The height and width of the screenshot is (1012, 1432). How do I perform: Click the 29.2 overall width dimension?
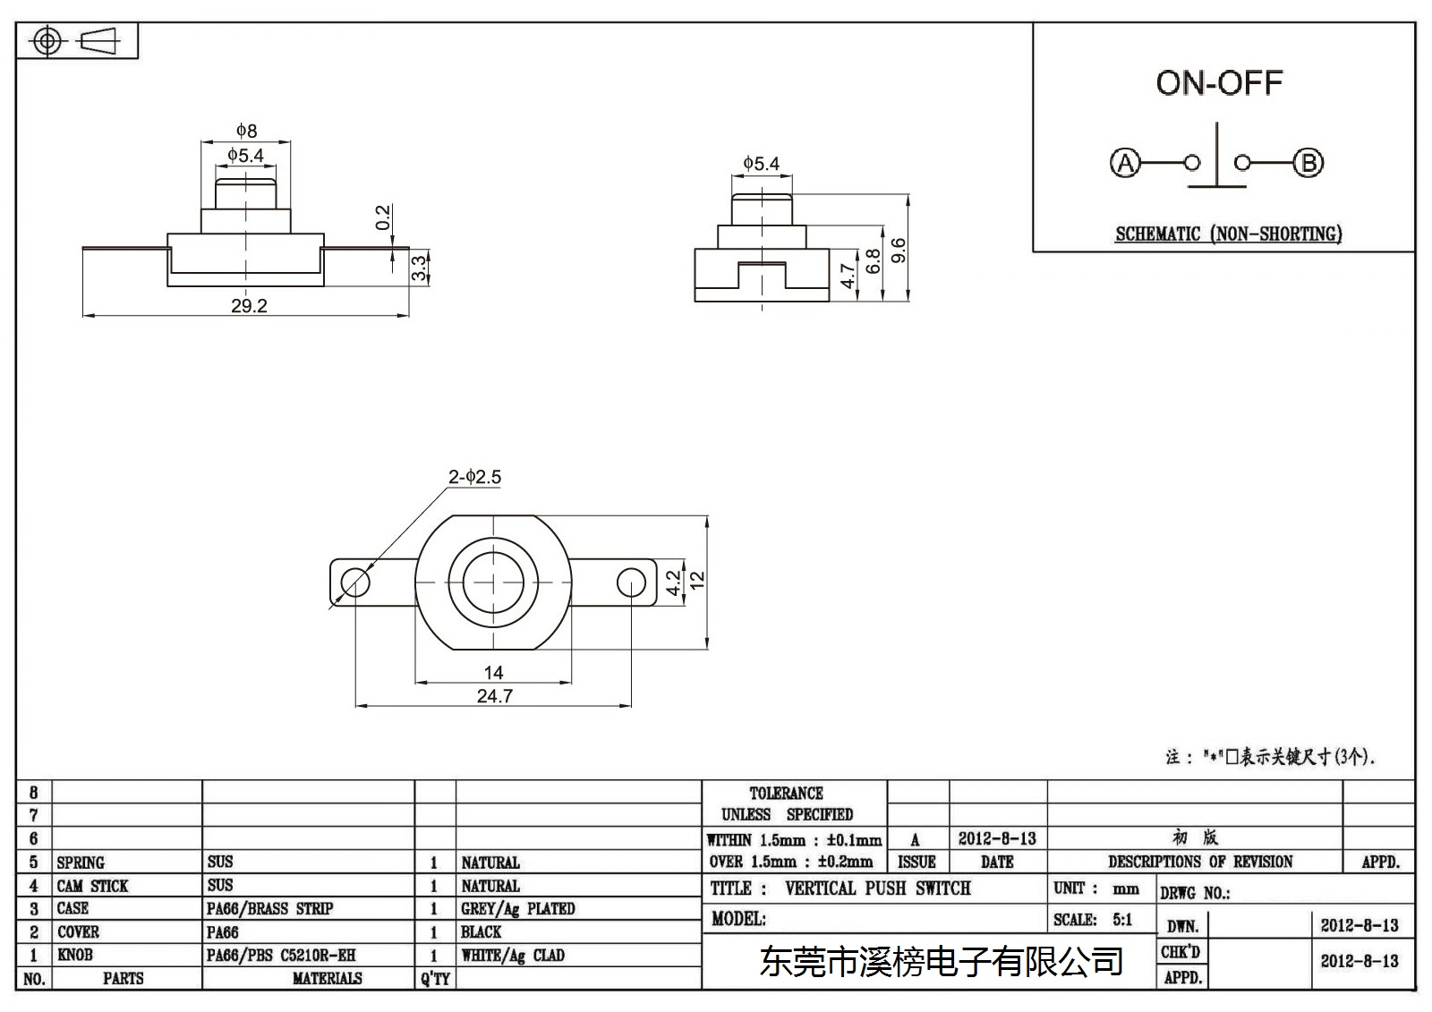click(x=249, y=306)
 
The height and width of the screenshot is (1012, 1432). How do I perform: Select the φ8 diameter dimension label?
click(x=246, y=131)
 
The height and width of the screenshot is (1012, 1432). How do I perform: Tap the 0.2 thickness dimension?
click(x=382, y=217)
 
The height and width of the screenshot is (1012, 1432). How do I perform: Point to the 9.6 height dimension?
click(x=899, y=250)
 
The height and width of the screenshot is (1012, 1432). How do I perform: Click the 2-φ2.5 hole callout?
click(x=474, y=477)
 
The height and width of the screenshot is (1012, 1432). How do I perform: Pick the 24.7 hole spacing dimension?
click(x=494, y=695)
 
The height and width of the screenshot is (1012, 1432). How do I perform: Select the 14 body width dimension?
click(x=493, y=673)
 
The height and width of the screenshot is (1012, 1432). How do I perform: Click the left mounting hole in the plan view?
click(x=354, y=583)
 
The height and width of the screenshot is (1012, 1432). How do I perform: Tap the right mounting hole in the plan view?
click(x=631, y=583)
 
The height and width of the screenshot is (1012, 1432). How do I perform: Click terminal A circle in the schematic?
click(x=1125, y=163)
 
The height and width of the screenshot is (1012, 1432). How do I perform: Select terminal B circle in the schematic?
click(x=1308, y=163)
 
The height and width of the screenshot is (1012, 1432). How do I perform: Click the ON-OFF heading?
click(x=1219, y=83)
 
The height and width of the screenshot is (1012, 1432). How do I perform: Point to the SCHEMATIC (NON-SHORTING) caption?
click(x=1228, y=234)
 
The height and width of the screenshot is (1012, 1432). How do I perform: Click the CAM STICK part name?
click(x=92, y=886)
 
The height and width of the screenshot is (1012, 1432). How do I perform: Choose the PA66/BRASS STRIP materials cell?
click(x=269, y=908)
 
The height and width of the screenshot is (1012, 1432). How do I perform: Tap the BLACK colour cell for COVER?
click(x=481, y=931)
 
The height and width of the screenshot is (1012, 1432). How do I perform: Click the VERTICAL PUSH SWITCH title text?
click(x=878, y=888)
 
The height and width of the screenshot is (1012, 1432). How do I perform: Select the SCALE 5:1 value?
click(x=1122, y=919)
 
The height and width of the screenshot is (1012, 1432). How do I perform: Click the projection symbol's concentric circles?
click(x=47, y=41)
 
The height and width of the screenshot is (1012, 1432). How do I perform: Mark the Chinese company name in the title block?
click(x=941, y=962)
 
